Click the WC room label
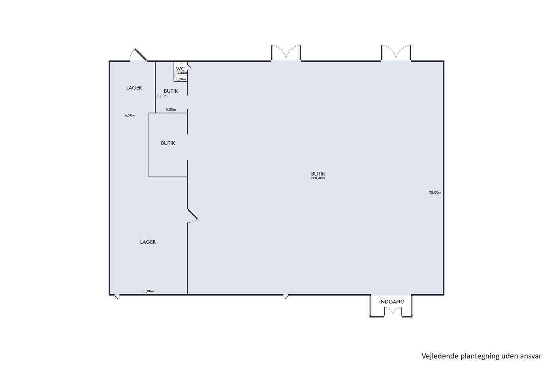tap(180, 69)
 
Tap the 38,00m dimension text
tap(435, 193)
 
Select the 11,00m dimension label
tap(148, 291)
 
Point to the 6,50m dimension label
tap(130, 115)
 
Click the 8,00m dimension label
tap(162, 96)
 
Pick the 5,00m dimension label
tap(171, 110)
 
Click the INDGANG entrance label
tap(392, 302)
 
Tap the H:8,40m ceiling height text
tap(318, 178)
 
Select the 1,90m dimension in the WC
tap(181, 79)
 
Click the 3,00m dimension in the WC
tap(182, 73)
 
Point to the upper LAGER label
tap(134, 88)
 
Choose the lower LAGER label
tap(148, 242)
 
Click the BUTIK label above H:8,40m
tap(318, 174)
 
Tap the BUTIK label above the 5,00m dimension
tap(171, 91)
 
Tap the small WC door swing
tap(189, 67)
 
